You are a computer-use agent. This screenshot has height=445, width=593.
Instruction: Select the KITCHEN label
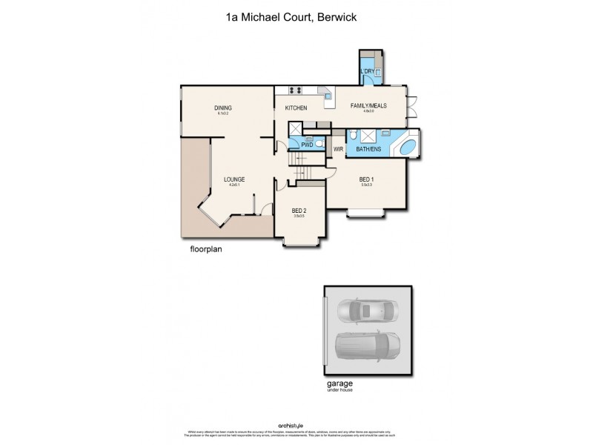pyautogui.click(x=296, y=108)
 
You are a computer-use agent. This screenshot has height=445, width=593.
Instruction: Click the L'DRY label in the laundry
pyautogui.click(x=367, y=72)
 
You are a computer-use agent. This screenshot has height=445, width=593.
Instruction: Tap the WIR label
pyautogui.click(x=338, y=149)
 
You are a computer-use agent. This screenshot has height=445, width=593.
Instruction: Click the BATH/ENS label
pyautogui.click(x=368, y=149)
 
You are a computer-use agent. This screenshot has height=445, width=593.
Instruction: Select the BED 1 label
pyautogui.click(x=366, y=179)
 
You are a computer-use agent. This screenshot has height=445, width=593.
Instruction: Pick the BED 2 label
pyautogui.click(x=299, y=211)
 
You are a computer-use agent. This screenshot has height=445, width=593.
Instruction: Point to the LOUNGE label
pyautogui.click(x=234, y=179)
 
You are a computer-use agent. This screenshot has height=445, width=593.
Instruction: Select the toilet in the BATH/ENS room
pyautogui.click(x=354, y=134)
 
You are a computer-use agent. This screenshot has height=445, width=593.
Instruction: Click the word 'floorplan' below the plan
pyautogui.click(x=205, y=250)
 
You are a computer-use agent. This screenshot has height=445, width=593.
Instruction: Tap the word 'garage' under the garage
pyautogui.click(x=339, y=385)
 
